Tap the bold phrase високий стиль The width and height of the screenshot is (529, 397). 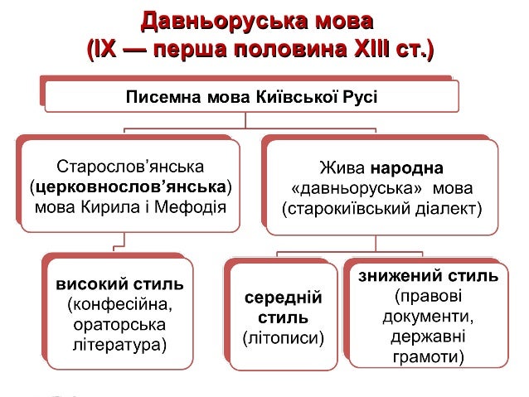pos(119,284)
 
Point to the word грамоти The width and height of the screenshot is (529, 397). pos(427,358)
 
